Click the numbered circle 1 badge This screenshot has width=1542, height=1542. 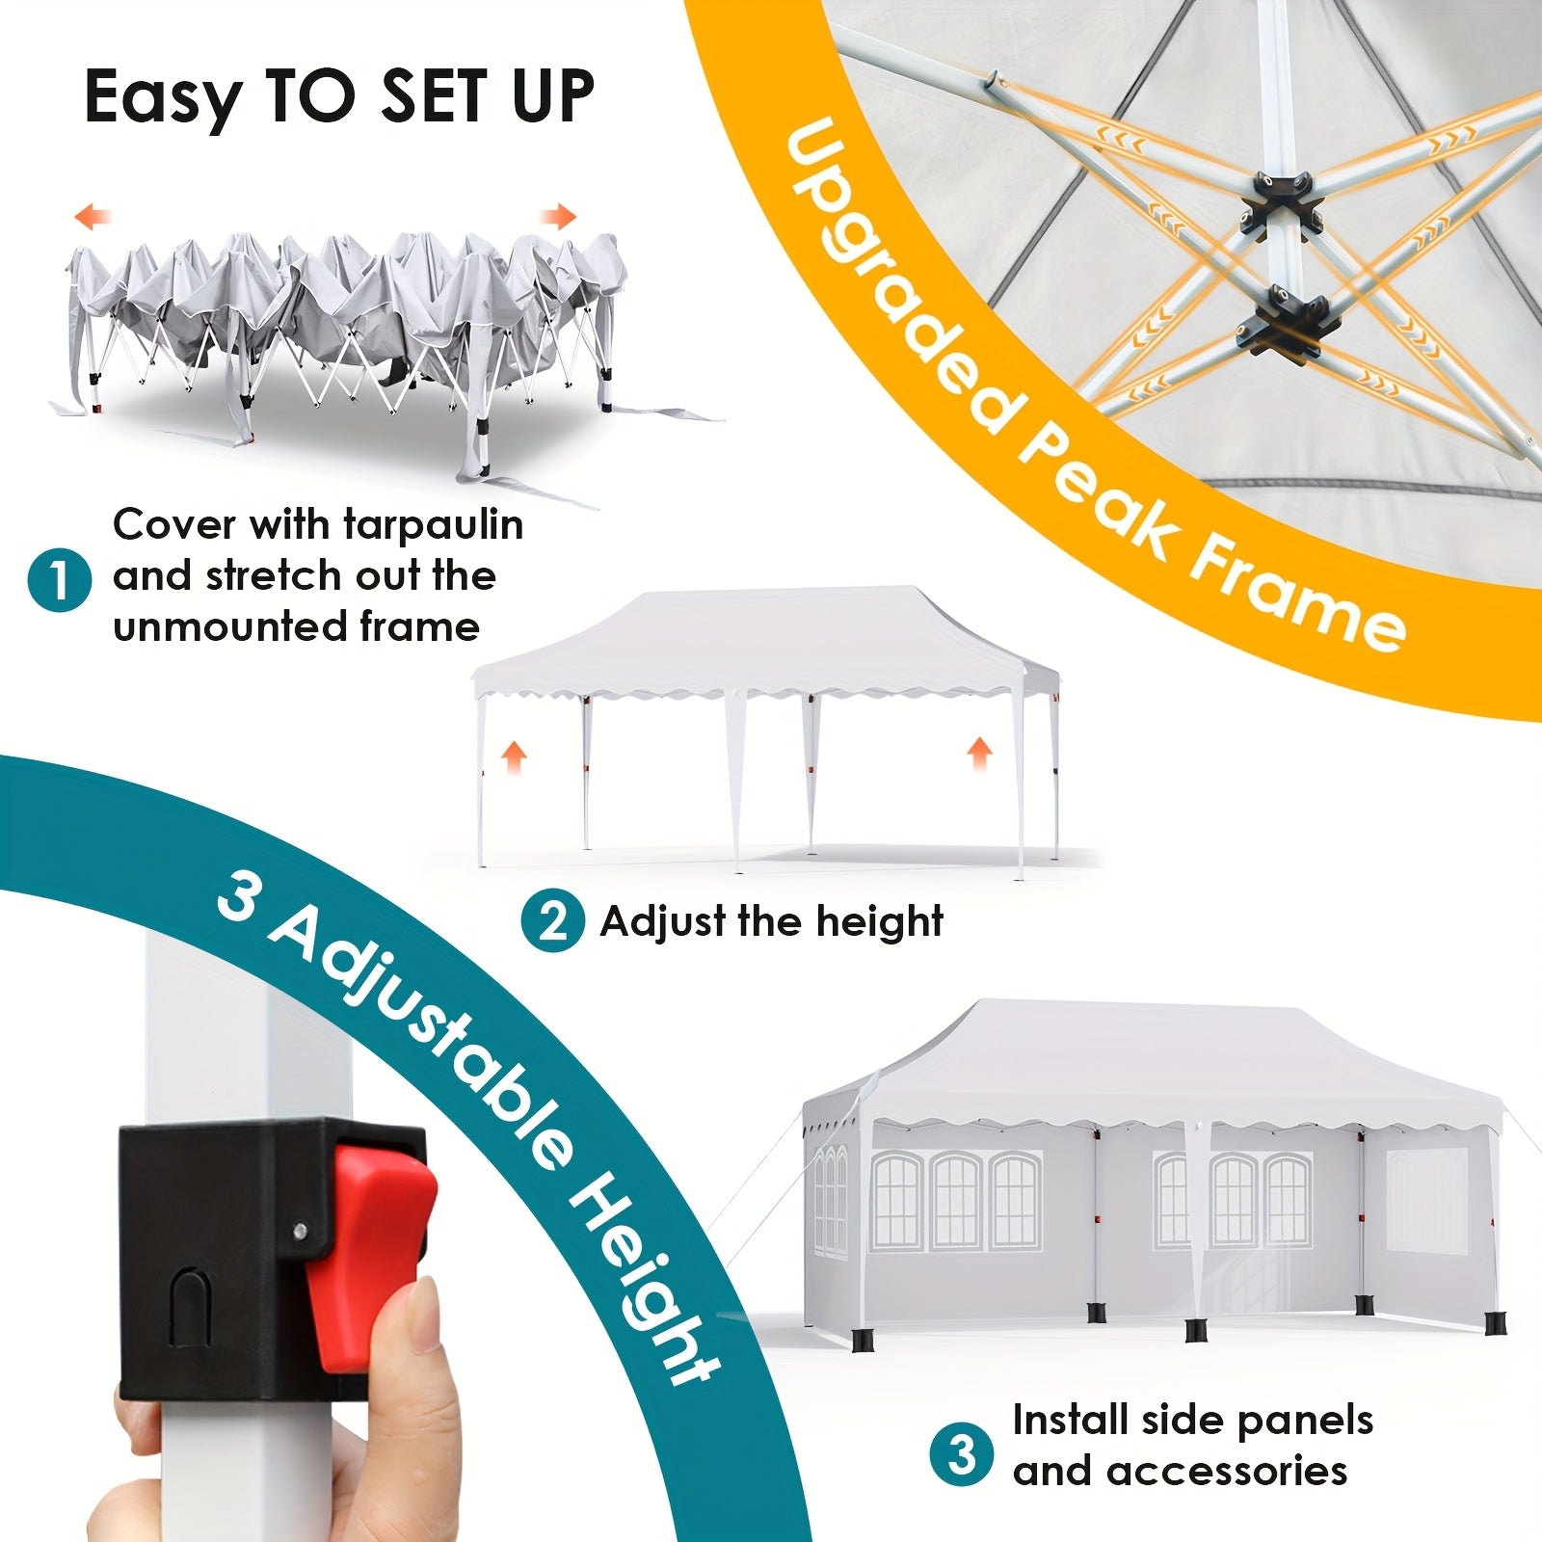coord(60,580)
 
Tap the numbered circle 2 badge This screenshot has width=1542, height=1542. coord(553,922)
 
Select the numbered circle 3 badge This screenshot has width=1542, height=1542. coord(962,1454)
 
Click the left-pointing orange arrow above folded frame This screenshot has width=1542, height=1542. coord(93,215)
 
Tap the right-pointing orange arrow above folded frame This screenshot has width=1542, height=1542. coord(557,215)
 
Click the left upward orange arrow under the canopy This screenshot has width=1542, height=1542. coord(515,757)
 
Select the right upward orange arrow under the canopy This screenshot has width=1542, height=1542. coord(979,753)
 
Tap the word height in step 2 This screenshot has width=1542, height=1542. coord(880,922)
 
